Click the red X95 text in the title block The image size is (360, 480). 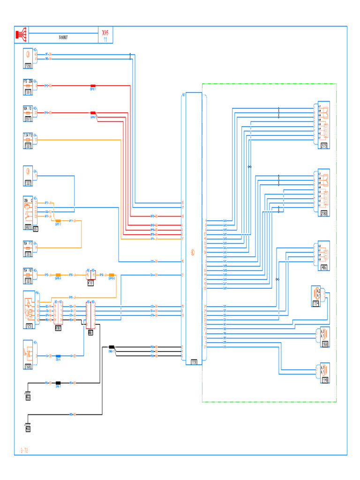click(105, 33)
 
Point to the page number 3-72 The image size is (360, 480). click(24, 450)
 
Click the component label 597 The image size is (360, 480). click(29, 119)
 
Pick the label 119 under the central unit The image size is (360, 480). click(194, 362)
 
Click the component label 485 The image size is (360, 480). click(324, 268)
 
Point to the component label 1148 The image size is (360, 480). click(324, 380)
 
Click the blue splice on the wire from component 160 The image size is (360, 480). click(58, 356)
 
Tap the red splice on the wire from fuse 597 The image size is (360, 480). click(93, 113)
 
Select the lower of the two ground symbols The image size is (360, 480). click(28, 427)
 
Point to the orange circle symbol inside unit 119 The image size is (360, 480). click(192, 251)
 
